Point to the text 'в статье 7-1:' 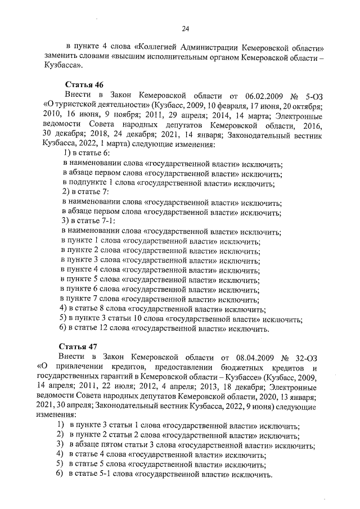94,221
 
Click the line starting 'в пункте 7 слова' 158,299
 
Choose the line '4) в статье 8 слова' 163,309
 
